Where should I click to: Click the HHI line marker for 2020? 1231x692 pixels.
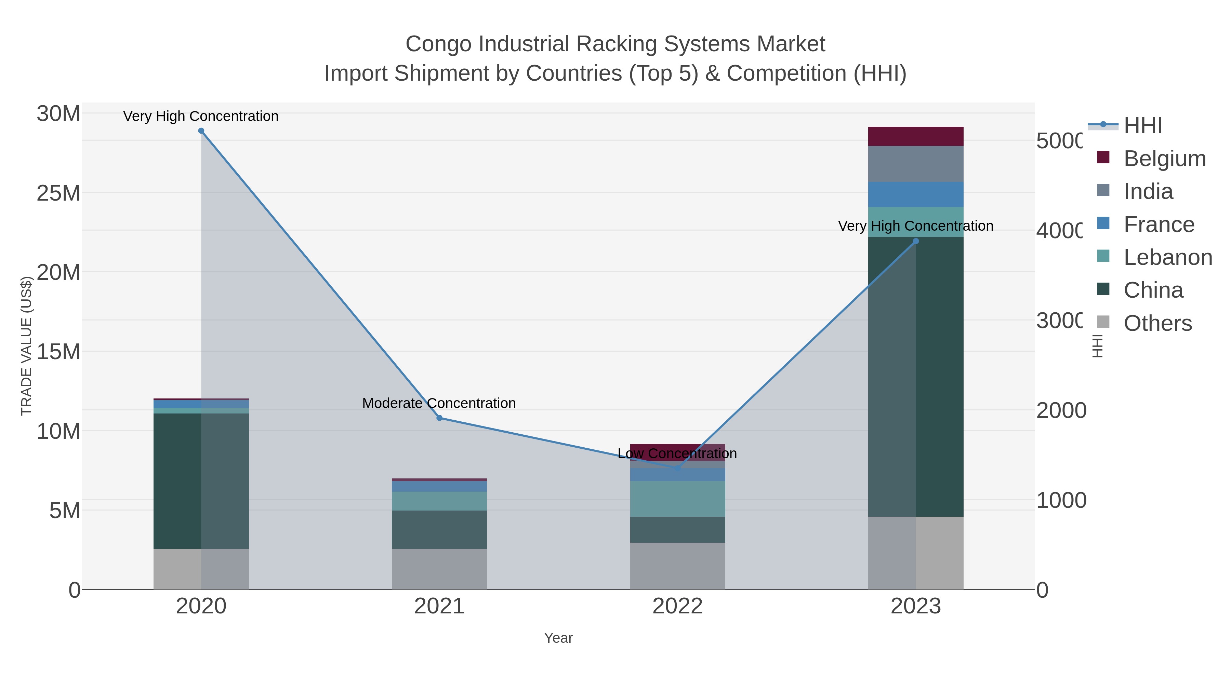click(201, 131)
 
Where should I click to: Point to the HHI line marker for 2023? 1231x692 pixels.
click(916, 241)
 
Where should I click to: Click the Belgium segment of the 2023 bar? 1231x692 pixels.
click(916, 137)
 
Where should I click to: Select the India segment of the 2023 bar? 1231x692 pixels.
click(916, 164)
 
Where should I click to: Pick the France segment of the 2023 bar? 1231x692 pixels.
click(916, 194)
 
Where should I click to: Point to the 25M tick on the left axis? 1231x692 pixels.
click(58, 193)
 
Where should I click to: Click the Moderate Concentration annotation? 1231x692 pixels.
click(439, 403)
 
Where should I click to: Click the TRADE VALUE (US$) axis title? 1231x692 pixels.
click(26, 346)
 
